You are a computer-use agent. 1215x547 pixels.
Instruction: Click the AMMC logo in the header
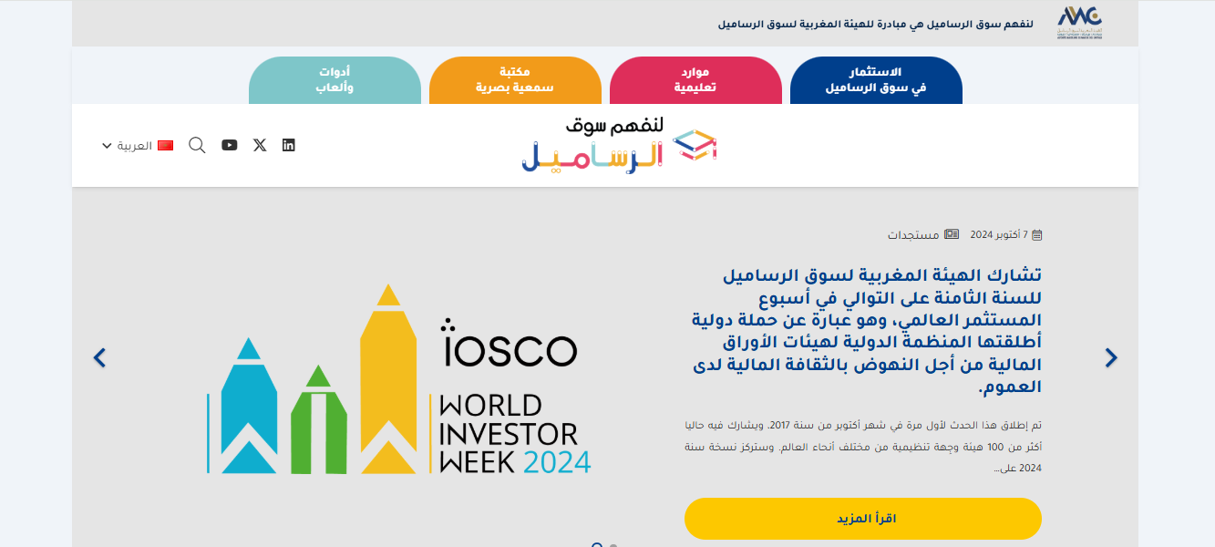tap(1079, 22)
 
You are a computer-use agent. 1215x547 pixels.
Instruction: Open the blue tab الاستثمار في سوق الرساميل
tap(876, 80)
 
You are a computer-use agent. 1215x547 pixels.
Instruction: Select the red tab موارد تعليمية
tap(695, 80)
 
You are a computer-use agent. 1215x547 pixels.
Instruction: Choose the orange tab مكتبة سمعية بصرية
tap(515, 80)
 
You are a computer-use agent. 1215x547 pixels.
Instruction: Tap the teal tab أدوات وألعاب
tap(335, 80)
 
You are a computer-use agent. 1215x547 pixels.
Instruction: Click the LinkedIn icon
tap(289, 145)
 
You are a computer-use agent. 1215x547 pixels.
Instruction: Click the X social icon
tap(260, 145)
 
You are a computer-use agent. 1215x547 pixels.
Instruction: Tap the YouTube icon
tap(230, 145)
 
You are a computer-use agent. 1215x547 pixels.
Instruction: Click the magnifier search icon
tap(197, 145)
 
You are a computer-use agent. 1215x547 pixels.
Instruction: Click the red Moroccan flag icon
tap(165, 146)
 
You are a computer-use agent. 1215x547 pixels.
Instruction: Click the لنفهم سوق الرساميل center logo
tap(620, 145)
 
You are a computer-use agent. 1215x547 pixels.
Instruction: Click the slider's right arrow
tap(1110, 358)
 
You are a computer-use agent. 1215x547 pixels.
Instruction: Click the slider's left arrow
tap(100, 358)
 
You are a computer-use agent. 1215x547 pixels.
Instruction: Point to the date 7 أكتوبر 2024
tap(998, 234)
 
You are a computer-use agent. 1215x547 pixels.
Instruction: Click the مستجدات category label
tap(914, 234)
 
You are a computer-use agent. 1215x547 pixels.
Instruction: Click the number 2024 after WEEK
tap(557, 460)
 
